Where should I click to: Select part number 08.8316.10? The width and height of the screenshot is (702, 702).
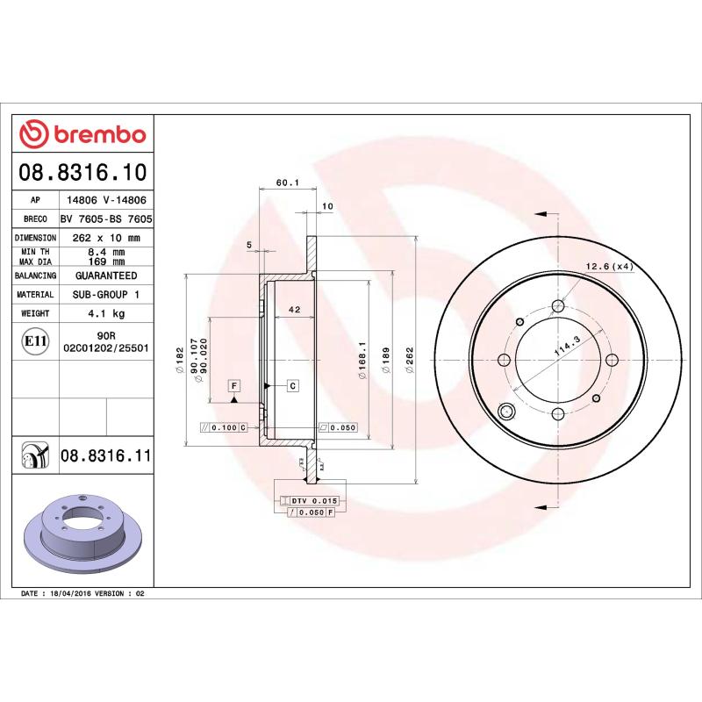click(83, 171)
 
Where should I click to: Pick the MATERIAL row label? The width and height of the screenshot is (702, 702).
click(35, 295)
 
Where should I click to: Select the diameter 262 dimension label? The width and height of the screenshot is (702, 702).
click(410, 361)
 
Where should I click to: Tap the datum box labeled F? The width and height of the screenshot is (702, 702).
click(234, 385)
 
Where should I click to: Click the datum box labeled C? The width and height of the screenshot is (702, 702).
click(292, 385)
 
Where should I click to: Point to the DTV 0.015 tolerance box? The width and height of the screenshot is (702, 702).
click(313, 500)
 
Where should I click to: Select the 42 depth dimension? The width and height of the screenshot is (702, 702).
click(295, 310)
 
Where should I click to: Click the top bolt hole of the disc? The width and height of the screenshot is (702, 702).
click(558, 306)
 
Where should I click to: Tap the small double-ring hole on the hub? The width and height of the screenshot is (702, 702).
click(506, 412)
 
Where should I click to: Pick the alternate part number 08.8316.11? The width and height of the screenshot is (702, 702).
click(106, 455)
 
